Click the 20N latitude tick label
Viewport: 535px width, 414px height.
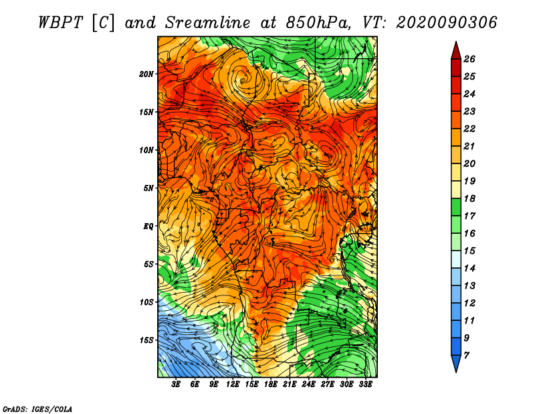[x=146, y=74]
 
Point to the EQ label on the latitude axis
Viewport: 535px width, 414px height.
[x=148, y=226]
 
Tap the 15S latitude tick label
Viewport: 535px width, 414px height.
[x=146, y=340]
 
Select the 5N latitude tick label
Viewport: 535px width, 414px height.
[x=148, y=188]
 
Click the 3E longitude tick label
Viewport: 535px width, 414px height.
[x=176, y=385]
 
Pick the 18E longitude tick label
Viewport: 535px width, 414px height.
[x=271, y=385]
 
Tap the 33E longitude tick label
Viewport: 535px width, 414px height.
[x=365, y=385]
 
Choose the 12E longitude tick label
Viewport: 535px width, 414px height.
[x=233, y=385]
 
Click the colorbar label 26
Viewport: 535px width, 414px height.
[x=469, y=59]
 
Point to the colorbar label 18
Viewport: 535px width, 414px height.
[x=469, y=198]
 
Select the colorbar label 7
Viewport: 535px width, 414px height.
[x=466, y=356]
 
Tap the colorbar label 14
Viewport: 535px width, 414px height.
[x=469, y=269]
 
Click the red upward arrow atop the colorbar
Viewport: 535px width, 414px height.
[x=456, y=51]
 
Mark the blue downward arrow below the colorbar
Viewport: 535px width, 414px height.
[x=456, y=364]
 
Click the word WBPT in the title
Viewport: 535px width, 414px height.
[x=60, y=23]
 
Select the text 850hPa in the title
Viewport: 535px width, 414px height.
[x=318, y=23]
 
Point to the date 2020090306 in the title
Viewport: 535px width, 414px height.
[x=446, y=23]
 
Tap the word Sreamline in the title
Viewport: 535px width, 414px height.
[x=207, y=23]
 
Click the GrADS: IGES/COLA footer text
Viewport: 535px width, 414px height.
[x=37, y=409]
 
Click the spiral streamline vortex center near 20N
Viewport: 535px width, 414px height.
[x=243, y=80]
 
